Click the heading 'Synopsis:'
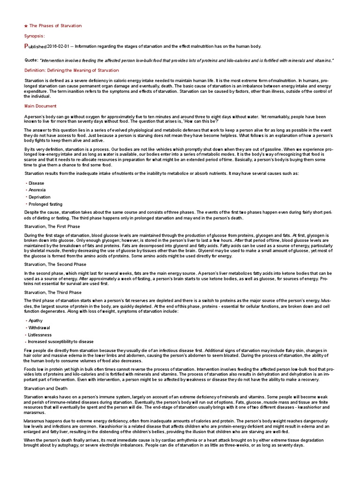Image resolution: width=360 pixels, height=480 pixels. point(35,36)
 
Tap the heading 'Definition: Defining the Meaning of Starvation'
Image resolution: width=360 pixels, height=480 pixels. point(72,70)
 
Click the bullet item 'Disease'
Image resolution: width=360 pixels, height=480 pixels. point(36,183)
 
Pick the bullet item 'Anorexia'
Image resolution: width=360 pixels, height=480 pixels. point(37,190)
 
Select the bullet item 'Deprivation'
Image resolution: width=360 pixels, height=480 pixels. point(39,197)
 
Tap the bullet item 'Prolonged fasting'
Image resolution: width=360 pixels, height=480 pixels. point(45,204)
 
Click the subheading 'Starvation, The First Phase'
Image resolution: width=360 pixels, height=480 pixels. point(52,226)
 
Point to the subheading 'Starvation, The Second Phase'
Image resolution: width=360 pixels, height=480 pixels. point(55,264)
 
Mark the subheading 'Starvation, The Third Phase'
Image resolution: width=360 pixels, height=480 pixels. point(52,292)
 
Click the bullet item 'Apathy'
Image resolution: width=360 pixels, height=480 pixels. point(36,321)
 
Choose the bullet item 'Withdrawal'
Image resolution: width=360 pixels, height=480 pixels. point(39,328)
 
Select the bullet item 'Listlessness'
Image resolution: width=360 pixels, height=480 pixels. point(40,335)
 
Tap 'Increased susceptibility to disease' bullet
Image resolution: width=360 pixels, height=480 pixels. point(61,342)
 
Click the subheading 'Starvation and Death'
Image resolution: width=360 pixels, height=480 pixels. point(46,389)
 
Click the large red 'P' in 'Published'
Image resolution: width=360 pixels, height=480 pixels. point(26,46)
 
